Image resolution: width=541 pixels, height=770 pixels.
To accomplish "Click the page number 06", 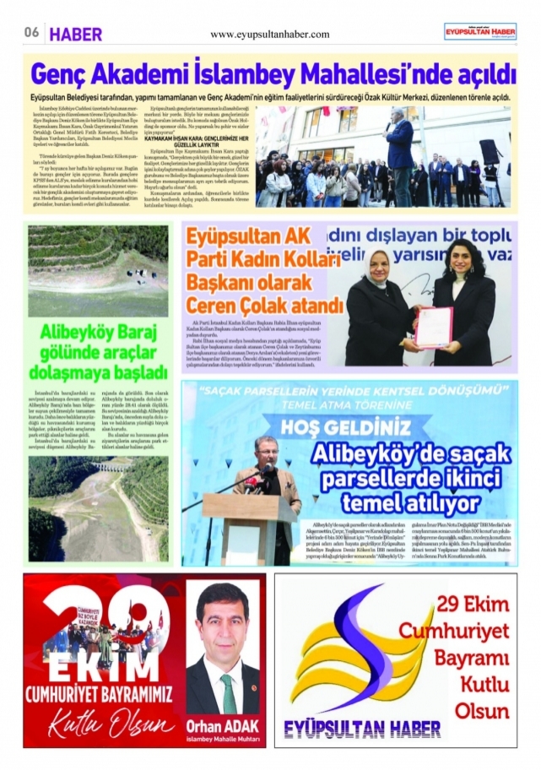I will click(31, 33).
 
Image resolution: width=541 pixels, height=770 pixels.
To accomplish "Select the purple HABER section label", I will click(76, 34).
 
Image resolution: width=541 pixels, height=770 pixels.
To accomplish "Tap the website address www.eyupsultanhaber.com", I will click(270, 34).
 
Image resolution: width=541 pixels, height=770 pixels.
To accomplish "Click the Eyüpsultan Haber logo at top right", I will click(481, 31).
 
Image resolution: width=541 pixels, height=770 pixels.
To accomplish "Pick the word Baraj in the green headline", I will click(135, 332).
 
